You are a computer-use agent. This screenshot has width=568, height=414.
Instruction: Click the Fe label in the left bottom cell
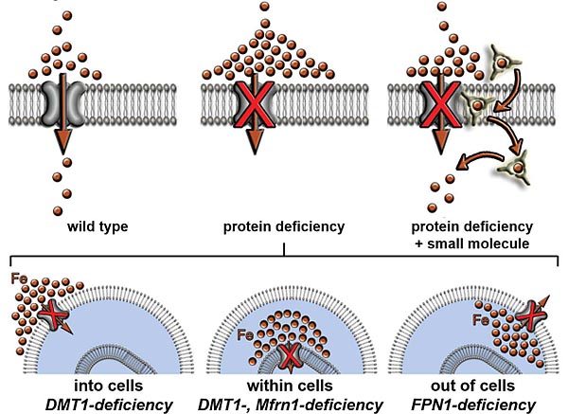pyautogui.click(x=19, y=281)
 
